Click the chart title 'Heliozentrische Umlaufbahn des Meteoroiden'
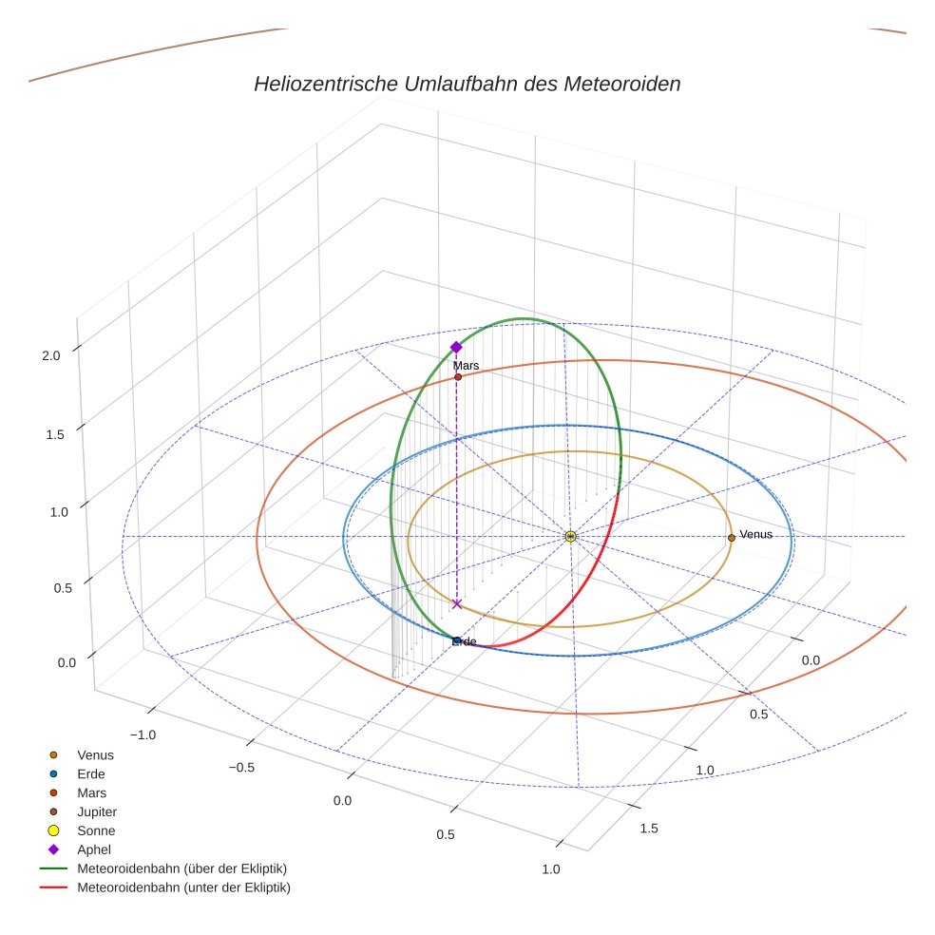pyautogui.click(x=467, y=84)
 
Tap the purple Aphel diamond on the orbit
pyautogui.click(x=456, y=347)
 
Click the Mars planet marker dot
pyautogui.click(x=458, y=377)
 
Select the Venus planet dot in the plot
pyautogui.click(x=731, y=538)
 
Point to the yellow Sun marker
pyautogui.click(x=570, y=537)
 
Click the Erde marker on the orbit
pyautogui.click(x=457, y=640)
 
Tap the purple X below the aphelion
pyautogui.click(x=457, y=603)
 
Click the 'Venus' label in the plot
pyautogui.click(x=755, y=534)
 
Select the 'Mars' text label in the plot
pyautogui.click(x=466, y=365)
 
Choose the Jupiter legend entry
pyautogui.click(x=96, y=811)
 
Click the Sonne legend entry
pyautogui.click(x=96, y=830)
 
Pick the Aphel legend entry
pyautogui.click(x=93, y=849)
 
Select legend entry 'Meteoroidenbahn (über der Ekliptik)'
pyautogui.click(x=181, y=868)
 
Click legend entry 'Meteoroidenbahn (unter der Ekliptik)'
pyautogui.click(x=183, y=887)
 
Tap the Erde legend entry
pyautogui.click(x=91, y=773)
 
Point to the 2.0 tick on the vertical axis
pyautogui.click(x=50, y=354)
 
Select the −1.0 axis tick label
pyautogui.click(x=143, y=735)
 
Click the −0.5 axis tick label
pyautogui.click(x=243, y=768)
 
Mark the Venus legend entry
pyautogui.click(x=95, y=754)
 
